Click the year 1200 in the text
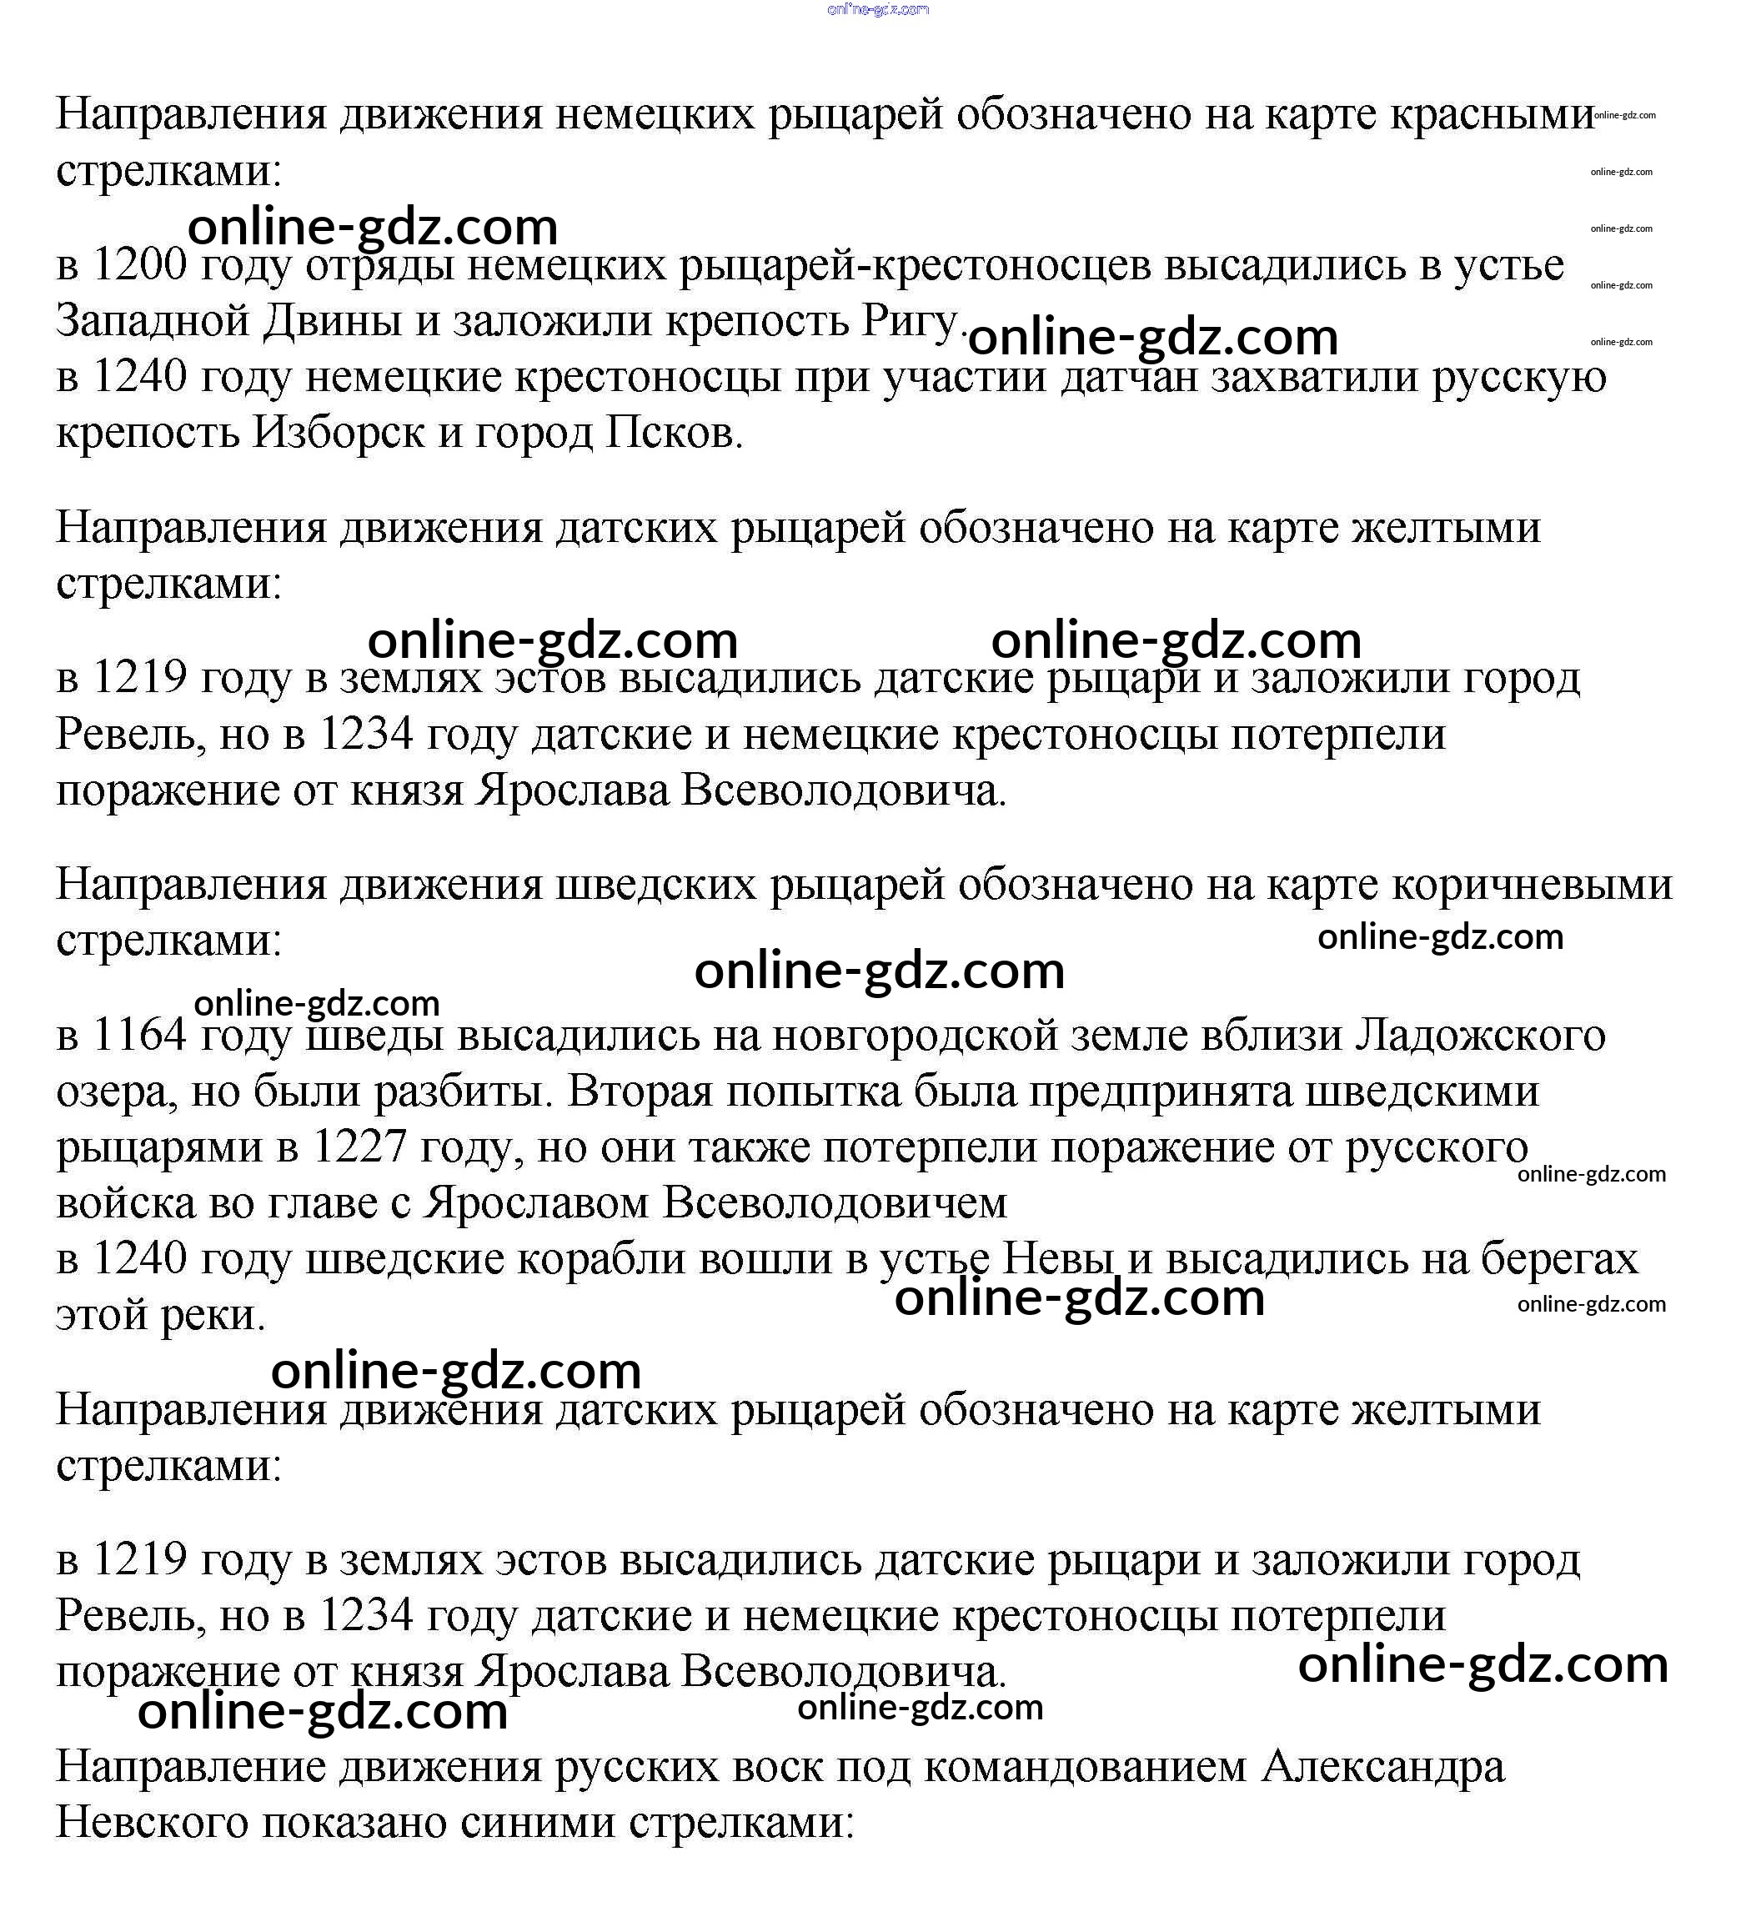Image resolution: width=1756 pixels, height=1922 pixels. click(139, 265)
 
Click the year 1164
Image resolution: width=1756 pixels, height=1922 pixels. click(139, 1036)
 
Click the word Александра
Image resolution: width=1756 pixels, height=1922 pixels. click(1383, 1768)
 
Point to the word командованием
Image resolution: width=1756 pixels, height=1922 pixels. click(1086, 1768)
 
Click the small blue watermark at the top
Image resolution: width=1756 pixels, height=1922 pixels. click(878, 9)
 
